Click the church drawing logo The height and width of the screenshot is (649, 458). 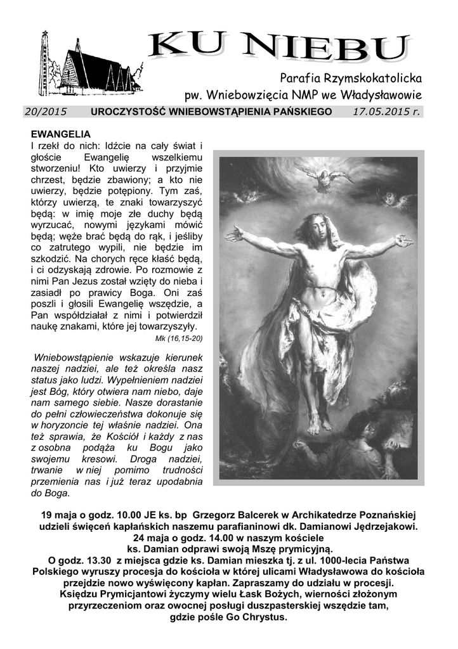point(89,63)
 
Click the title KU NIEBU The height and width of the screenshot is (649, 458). point(279,49)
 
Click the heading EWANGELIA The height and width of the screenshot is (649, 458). point(61,134)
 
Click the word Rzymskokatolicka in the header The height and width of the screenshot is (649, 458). point(374,79)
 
